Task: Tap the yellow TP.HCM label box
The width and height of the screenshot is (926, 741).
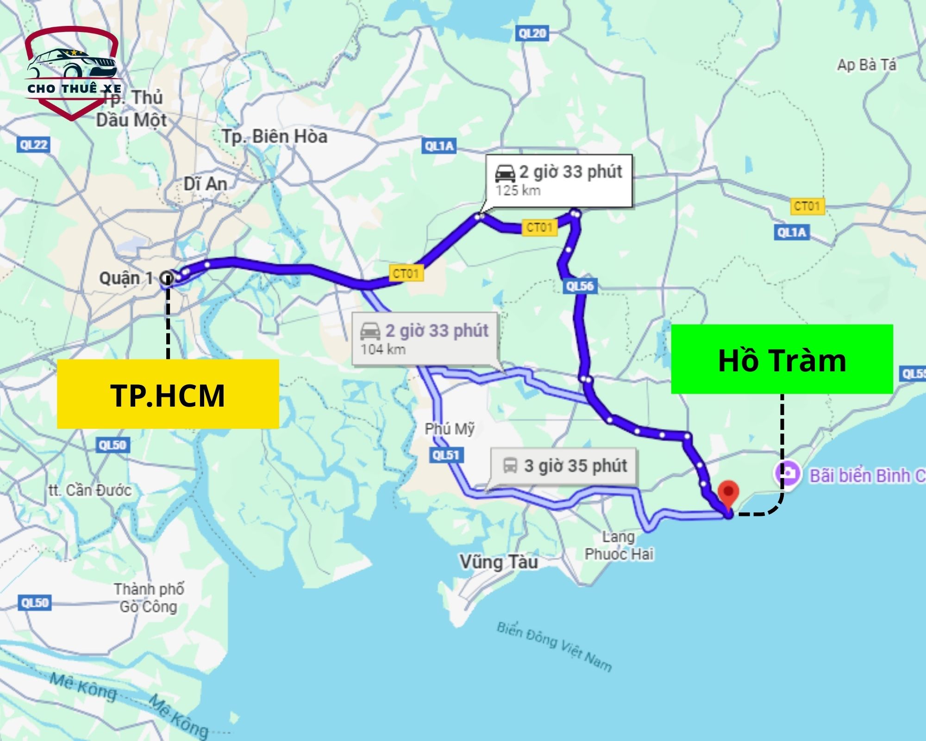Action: click(168, 394)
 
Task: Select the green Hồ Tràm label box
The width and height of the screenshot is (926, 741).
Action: click(782, 359)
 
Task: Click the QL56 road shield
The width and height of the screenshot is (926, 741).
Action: click(580, 286)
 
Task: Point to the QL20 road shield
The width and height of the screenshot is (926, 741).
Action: click(532, 33)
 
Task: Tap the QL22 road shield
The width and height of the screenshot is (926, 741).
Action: click(34, 145)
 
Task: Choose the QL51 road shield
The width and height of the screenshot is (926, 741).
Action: click(445, 455)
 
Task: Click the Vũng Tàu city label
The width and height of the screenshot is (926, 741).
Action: click(499, 562)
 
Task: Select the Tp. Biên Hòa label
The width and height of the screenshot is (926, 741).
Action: click(275, 137)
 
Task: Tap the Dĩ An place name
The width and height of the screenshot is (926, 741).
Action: click(205, 184)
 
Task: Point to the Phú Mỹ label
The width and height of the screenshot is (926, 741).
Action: click(450, 429)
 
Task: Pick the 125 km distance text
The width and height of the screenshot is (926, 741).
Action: click(518, 190)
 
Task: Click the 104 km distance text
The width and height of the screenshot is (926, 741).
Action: click(383, 349)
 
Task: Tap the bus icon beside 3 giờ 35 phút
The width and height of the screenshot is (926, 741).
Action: click(510, 465)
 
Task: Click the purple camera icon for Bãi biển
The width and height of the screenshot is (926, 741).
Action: click(788, 474)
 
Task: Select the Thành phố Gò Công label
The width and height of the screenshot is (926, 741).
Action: click(149, 598)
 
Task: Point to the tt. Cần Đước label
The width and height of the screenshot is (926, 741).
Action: click(90, 490)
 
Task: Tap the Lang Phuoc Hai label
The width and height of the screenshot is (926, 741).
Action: click(619, 545)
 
